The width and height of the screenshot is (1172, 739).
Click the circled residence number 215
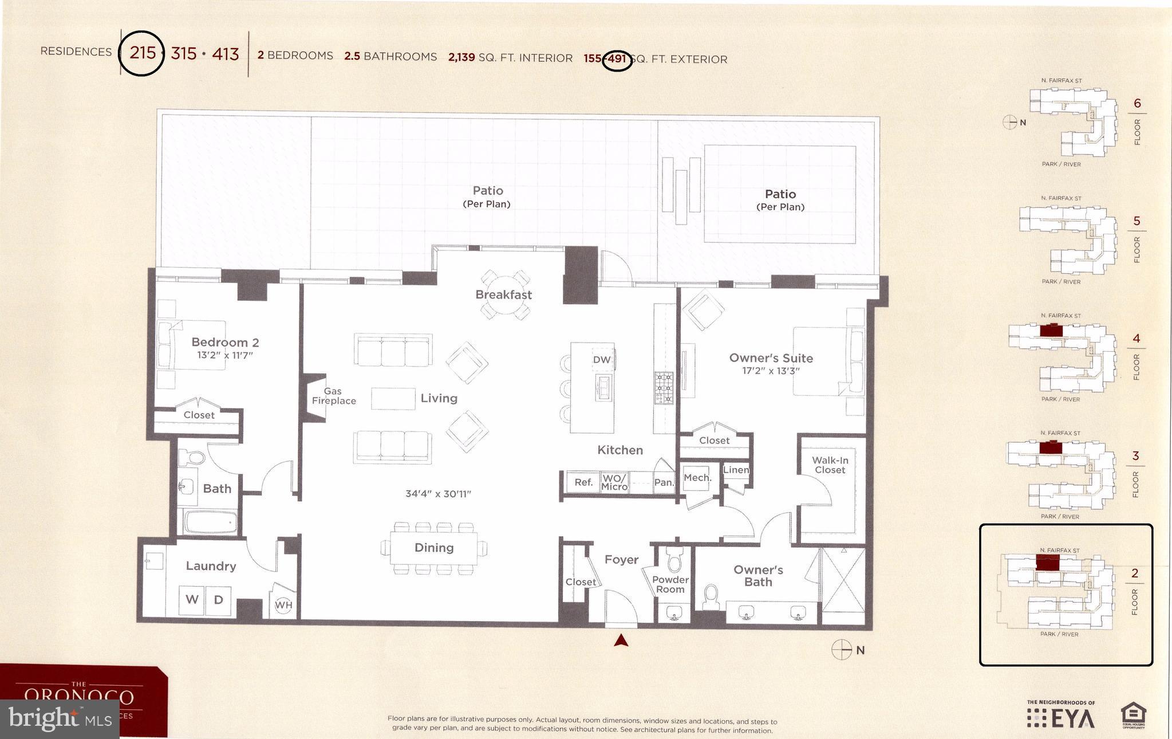(142, 53)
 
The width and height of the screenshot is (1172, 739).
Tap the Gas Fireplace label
(333, 396)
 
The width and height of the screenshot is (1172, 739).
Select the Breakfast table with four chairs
(504, 294)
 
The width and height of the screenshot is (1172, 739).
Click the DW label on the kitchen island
(601, 360)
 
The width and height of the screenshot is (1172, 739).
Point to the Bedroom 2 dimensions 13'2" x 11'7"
(224, 355)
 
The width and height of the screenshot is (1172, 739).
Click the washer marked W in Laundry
(192, 600)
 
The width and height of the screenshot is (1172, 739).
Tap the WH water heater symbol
(283, 605)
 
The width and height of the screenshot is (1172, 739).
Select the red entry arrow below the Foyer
(621, 640)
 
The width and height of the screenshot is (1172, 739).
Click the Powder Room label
(670, 584)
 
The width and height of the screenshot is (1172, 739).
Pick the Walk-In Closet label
(830, 465)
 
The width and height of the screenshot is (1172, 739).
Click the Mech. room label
(697, 477)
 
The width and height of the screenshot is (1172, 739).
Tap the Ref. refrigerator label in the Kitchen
(583, 482)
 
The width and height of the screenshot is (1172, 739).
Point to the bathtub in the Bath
(210, 522)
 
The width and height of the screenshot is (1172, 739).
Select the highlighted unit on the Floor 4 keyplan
(1051, 331)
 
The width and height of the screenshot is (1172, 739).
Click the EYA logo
(1061, 718)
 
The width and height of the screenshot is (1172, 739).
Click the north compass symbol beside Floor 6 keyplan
(1009, 122)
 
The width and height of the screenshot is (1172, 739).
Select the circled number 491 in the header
(617, 59)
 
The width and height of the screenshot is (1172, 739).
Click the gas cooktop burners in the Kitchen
(664, 388)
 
